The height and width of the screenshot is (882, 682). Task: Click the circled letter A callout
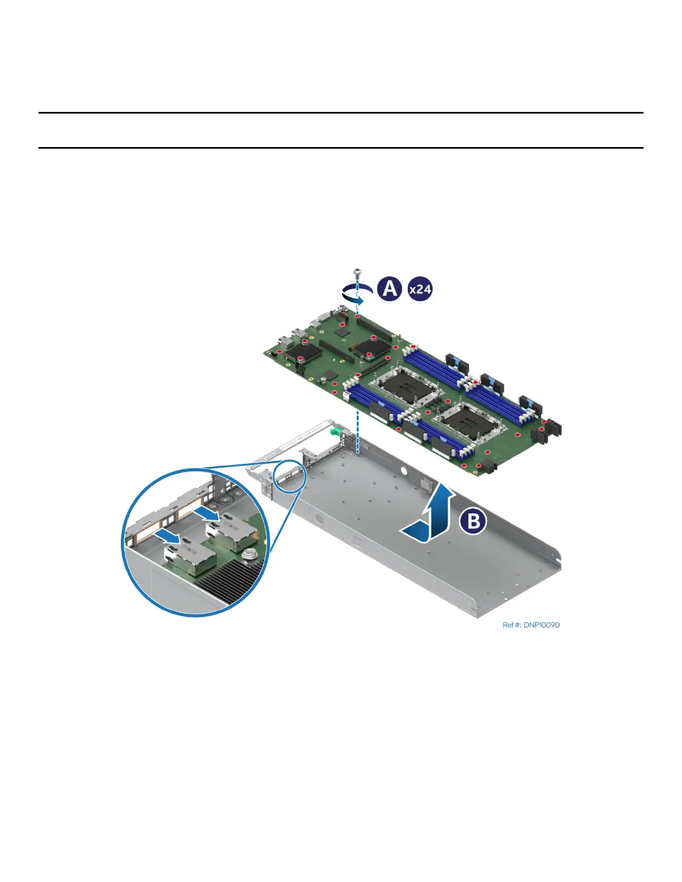point(389,289)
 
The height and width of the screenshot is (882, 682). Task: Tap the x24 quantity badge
point(420,290)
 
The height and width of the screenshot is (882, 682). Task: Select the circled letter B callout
point(473,522)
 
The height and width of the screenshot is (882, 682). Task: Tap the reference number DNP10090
point(530,625)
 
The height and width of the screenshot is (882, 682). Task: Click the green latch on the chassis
point(335,431)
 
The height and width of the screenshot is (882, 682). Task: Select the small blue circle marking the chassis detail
point(290,476)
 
